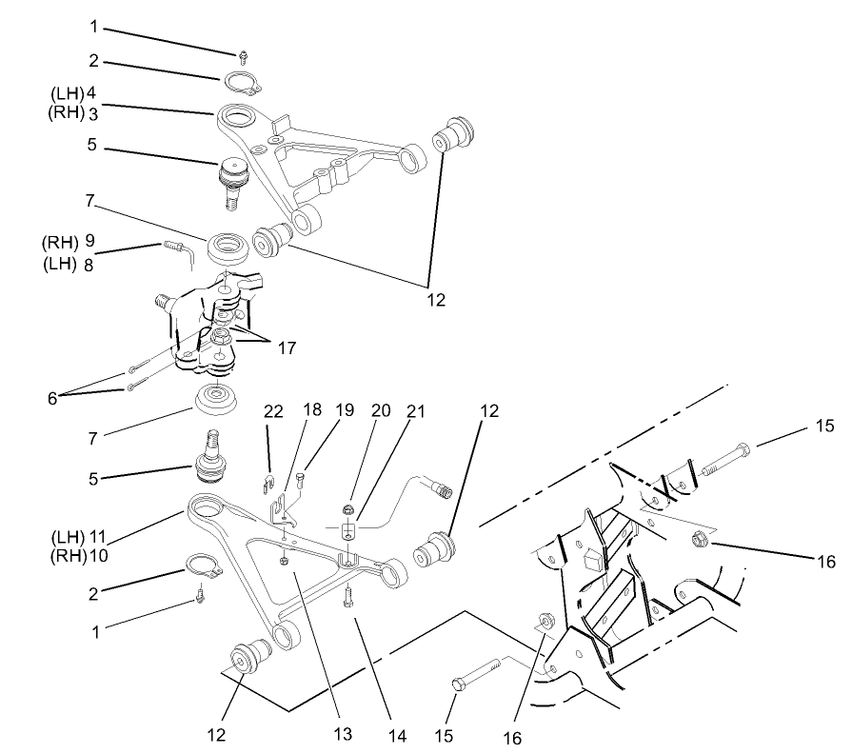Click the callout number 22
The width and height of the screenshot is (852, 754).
[x=274, y=410]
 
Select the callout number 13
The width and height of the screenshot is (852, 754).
[x=342, y=734]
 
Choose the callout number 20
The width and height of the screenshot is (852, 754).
[x=381, y=410]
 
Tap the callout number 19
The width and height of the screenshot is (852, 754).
[x=345, y=410]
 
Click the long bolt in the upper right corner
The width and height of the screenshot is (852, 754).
[x=727, y=459]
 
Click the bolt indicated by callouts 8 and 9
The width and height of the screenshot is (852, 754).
[x=174, y=249]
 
